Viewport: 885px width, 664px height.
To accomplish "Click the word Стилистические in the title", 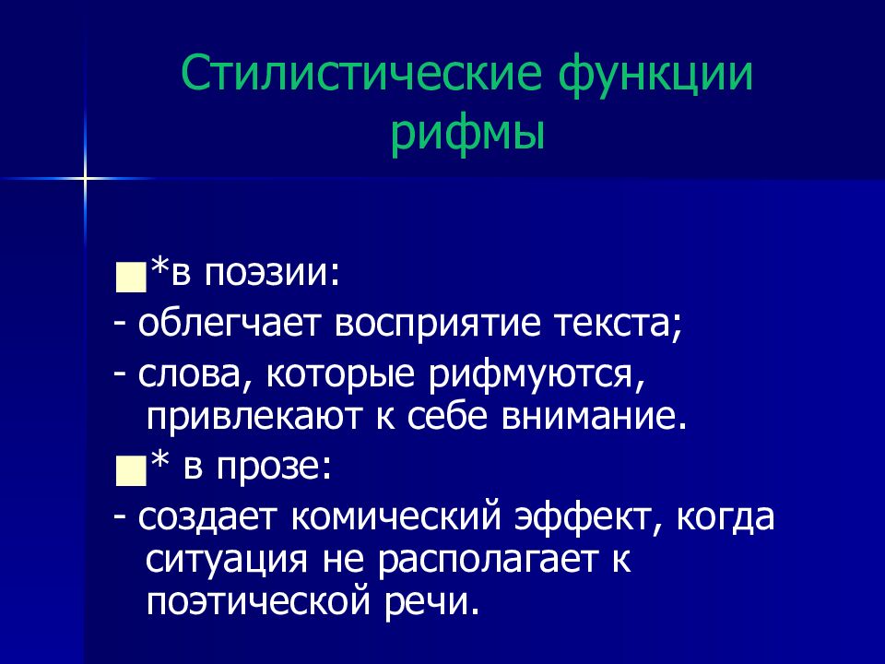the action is (361, 74).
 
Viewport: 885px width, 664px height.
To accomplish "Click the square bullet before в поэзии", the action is (130, 277).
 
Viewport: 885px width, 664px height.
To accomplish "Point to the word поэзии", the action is (272, 273).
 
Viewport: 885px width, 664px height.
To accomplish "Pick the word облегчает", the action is (228, 325).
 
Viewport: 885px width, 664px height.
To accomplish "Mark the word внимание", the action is (595, 418).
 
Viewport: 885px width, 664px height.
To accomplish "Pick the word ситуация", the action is (227, 560).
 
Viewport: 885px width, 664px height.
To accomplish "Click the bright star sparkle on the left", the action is (85, 179).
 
